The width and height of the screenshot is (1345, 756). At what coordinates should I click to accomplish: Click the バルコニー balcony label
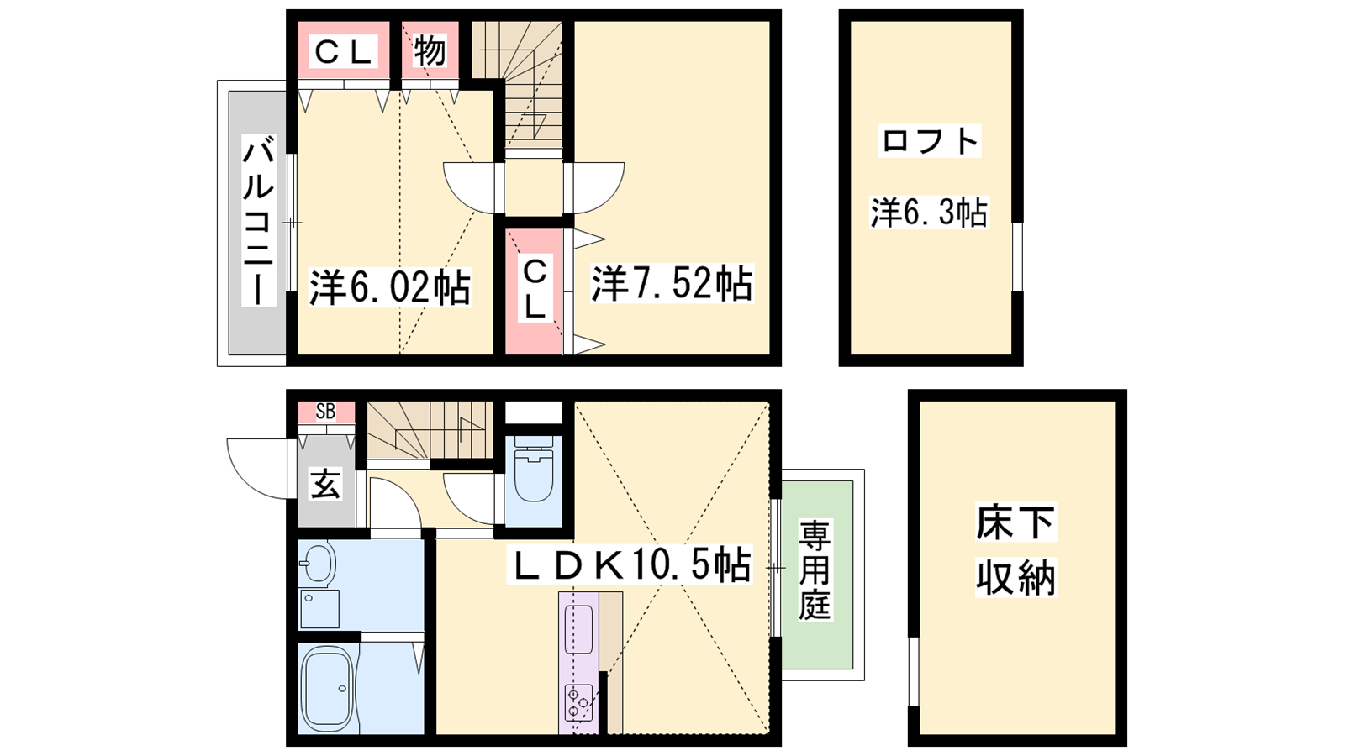click(259, 220)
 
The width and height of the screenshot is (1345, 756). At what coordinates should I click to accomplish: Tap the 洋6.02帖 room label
click(390, 287)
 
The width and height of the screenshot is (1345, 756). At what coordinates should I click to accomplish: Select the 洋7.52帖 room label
click(672, 282)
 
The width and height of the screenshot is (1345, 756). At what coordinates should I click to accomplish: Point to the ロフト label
click(930, 141)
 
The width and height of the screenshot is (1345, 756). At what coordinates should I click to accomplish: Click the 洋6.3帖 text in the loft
click(929, 213)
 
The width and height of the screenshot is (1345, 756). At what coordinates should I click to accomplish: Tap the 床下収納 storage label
click(1015, 550)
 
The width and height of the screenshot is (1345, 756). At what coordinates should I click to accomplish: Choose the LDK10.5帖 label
click(630, 564)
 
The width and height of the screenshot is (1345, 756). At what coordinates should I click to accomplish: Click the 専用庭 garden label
click(815, 570)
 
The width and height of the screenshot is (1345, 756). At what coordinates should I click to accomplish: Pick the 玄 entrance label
click(325, 484)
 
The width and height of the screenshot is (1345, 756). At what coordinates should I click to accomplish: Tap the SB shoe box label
click(325, 411)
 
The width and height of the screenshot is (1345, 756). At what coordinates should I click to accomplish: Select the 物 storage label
click(430, 50)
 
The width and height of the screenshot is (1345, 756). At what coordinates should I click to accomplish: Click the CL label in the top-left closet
click(343, 50)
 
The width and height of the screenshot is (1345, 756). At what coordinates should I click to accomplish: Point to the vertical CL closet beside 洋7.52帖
click(535, 289)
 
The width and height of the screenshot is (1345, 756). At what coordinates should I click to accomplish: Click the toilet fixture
click(533, 469)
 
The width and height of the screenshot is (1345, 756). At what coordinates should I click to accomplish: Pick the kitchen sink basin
click(578, 629)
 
